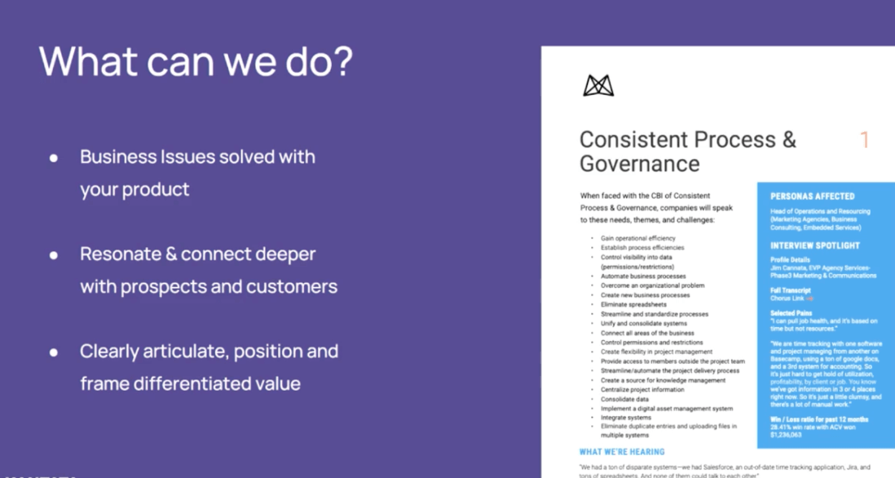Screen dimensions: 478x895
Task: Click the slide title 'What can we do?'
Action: (196, 62)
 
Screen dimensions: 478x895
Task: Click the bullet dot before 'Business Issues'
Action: (54, 157)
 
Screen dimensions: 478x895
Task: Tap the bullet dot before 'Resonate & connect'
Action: (54, 254)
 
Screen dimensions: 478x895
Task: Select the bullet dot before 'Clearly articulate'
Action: (54, 352)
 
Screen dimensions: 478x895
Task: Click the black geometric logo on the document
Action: (597, 86)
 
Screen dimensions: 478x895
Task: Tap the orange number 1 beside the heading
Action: (864, 140)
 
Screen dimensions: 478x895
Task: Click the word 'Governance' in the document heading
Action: (640, 163)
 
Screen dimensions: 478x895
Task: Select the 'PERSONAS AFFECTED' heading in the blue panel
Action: (813, 197)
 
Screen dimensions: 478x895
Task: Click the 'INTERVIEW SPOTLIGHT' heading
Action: (815, 246)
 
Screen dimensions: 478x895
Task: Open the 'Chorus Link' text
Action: (787, 299)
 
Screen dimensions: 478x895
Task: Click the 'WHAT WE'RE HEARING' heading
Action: (622, 451)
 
